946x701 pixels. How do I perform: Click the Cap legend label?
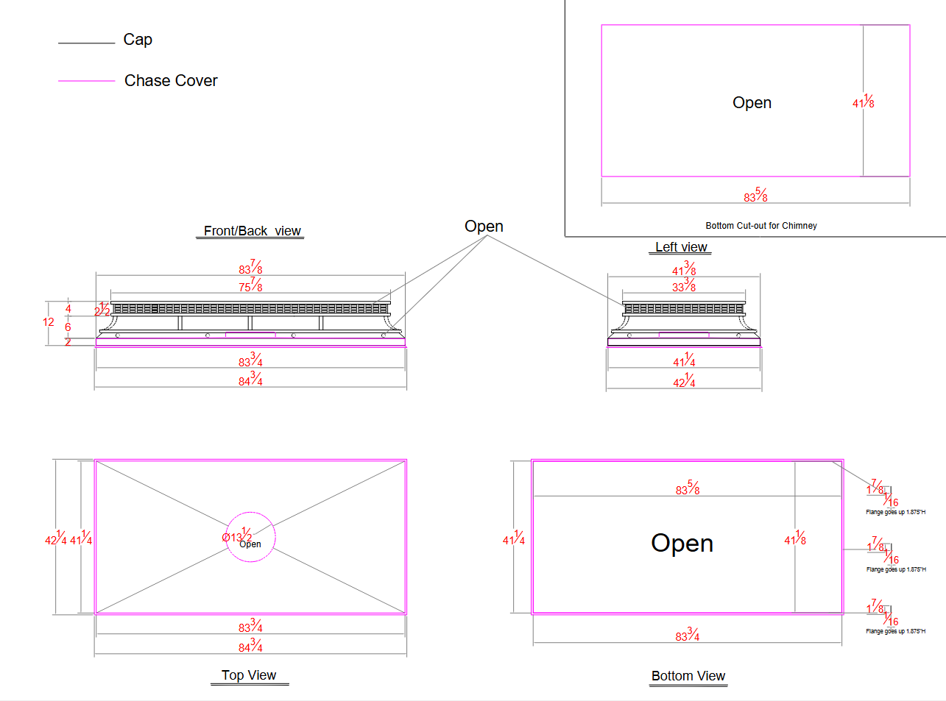[138, 40]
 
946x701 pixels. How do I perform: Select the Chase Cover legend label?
[171, 81]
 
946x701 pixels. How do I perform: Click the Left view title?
[681, 247]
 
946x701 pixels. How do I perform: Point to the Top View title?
[249, 675]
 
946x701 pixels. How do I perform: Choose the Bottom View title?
[688, 676]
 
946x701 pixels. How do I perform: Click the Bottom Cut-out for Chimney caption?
[761, 226]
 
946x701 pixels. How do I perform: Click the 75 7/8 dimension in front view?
[250, 285]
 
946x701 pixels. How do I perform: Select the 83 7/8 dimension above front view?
[250, 268]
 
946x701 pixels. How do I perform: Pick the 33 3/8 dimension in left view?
[684, 285]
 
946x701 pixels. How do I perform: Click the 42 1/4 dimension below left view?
[684, 381]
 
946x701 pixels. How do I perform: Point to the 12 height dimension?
[49, 322]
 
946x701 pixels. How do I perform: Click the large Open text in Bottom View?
[682, 543]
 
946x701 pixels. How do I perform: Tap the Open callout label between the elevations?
[484, 227]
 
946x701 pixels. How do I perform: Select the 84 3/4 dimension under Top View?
[250, 646]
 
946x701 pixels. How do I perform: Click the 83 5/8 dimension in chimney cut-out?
[755, 196]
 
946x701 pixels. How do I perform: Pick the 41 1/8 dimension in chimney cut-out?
[864, 102]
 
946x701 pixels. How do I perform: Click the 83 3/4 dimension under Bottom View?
[688, 635]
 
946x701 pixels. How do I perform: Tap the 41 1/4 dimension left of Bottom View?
[514, 539]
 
